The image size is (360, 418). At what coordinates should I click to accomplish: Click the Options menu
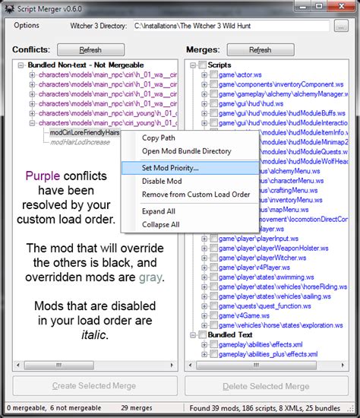tap(27, 25)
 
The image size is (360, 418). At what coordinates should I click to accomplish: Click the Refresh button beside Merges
tap(260, 49)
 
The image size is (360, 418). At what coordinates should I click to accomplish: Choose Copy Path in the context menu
tap(159, 138)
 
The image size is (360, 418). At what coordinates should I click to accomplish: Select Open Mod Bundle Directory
tap(187, 151)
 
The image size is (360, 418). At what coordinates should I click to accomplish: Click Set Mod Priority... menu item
tap(170, 167)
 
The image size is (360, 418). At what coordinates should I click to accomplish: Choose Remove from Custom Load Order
tap(196, 195)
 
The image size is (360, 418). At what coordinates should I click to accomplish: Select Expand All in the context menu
tap(159, 211)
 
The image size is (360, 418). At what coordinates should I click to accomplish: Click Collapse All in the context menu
tap(161, 224)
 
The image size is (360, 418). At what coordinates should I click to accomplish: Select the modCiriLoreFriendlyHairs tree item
tap(85, 131)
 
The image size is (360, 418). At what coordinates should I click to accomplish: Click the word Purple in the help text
tap(42, 176)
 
